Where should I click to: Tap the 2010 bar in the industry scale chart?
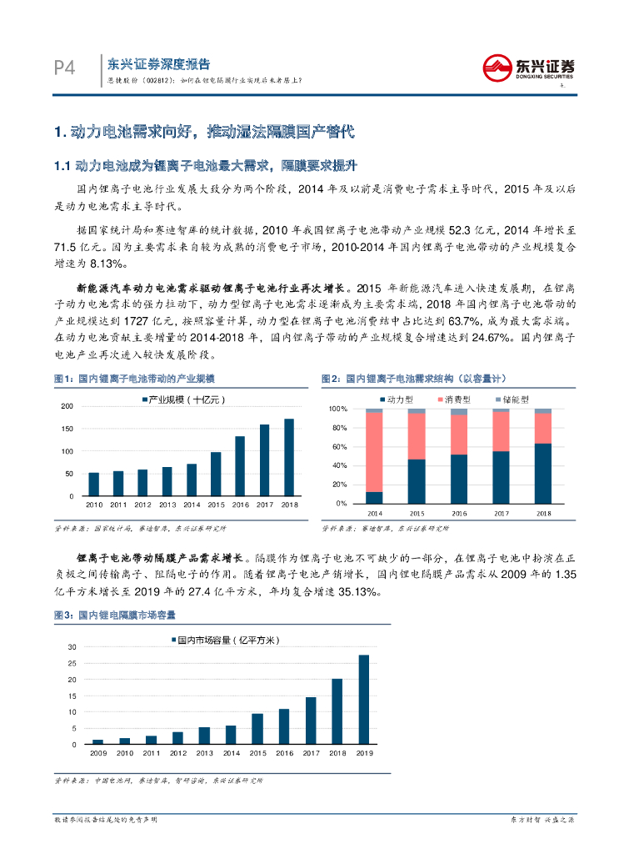[93, 484]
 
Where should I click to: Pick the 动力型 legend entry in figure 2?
[395, 399]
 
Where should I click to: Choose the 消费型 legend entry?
[455, 399]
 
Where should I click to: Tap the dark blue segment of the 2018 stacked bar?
[542, 473]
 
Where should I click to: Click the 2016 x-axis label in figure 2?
[458, 513]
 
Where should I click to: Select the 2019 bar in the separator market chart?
[363, 699]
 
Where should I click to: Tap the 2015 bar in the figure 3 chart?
[257, 728]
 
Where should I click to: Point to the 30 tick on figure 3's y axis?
[72, 647]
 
